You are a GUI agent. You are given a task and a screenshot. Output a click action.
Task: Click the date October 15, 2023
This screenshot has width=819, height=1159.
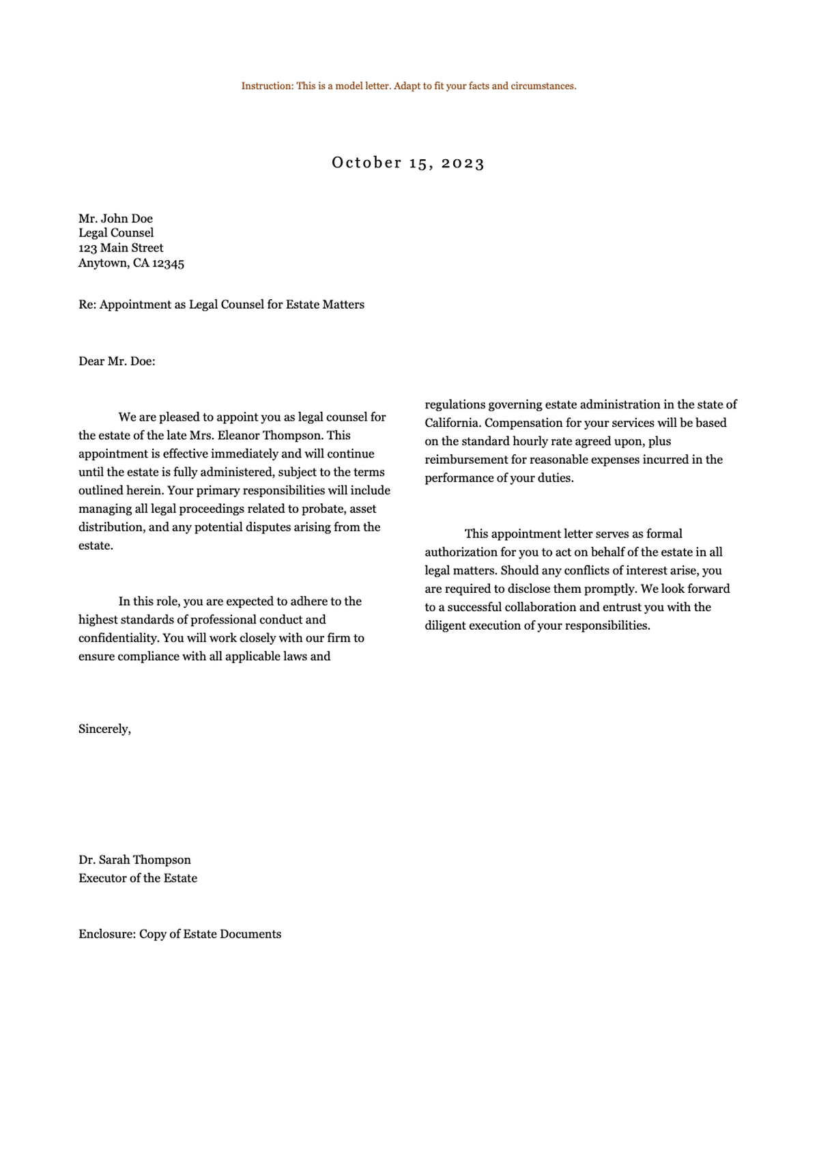[x=408, y=163]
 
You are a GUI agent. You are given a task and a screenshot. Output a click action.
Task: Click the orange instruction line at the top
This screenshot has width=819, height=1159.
[x=408, y=86]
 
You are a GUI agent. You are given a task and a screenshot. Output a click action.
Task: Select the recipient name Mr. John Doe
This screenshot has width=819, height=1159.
[x=115, y=219]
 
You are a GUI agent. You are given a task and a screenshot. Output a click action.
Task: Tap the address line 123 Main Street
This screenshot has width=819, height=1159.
[x=121, y=248]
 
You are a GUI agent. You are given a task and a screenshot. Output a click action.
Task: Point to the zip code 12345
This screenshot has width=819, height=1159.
[x=168, y=264]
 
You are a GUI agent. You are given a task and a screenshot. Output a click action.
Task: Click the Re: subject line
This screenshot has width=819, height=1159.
[x=221, y=305]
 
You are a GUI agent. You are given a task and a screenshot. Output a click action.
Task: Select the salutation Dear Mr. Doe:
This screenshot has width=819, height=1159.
[x=117, y=361]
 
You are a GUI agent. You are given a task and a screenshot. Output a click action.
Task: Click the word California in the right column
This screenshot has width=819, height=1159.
[x=450, y=423]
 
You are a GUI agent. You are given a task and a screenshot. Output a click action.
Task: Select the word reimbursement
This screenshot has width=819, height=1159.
[x=466, y=460]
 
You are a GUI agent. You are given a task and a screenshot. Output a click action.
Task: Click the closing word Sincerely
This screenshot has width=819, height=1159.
[x=104, y=729]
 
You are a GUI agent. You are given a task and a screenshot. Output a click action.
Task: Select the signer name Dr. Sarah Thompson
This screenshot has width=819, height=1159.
[x=134, y=860]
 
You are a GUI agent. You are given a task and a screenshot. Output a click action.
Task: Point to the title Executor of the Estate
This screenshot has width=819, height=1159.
[x=138, y=878]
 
